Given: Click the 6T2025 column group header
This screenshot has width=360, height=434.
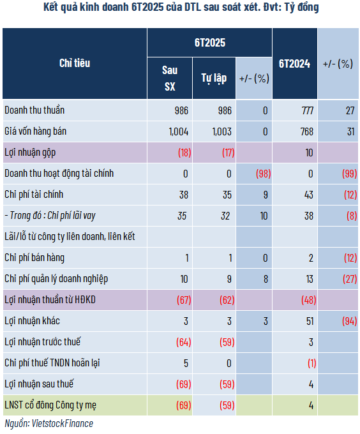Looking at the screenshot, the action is [210, 43].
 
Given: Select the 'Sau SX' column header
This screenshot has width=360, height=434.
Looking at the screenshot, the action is [170, 78].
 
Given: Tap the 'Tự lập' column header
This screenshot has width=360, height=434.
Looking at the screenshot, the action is [214, 79].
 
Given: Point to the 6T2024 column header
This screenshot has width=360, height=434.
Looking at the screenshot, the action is [294, 64].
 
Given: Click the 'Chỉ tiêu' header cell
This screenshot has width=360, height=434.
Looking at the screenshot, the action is [75, 63].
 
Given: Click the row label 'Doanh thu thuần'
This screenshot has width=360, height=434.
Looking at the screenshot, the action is [34, 110].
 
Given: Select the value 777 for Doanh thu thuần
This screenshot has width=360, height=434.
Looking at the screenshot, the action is [307, 110].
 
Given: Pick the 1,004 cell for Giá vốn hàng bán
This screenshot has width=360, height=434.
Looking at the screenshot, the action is [179, 131].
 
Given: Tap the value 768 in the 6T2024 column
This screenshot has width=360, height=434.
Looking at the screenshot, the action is [306, 131].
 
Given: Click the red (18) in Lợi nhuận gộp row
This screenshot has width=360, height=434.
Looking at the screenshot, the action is [184, 153].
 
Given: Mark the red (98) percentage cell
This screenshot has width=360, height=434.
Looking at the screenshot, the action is [263, 174].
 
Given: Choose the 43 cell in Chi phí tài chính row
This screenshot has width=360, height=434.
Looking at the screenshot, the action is [309, 195].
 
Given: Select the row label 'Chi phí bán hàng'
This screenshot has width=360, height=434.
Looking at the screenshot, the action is [34, 258].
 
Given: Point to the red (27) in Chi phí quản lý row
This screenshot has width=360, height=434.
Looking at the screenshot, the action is [350, 279].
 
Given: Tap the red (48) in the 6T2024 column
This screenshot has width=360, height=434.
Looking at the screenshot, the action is [308, 300].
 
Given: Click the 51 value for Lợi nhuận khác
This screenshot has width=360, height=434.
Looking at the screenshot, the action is [310, 321].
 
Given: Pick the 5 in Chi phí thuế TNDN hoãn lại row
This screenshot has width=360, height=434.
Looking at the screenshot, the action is [186, 363].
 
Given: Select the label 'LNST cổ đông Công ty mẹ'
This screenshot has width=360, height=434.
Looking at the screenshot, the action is [50, 405].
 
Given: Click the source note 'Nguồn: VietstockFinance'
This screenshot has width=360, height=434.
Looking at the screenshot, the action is [49, 424].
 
